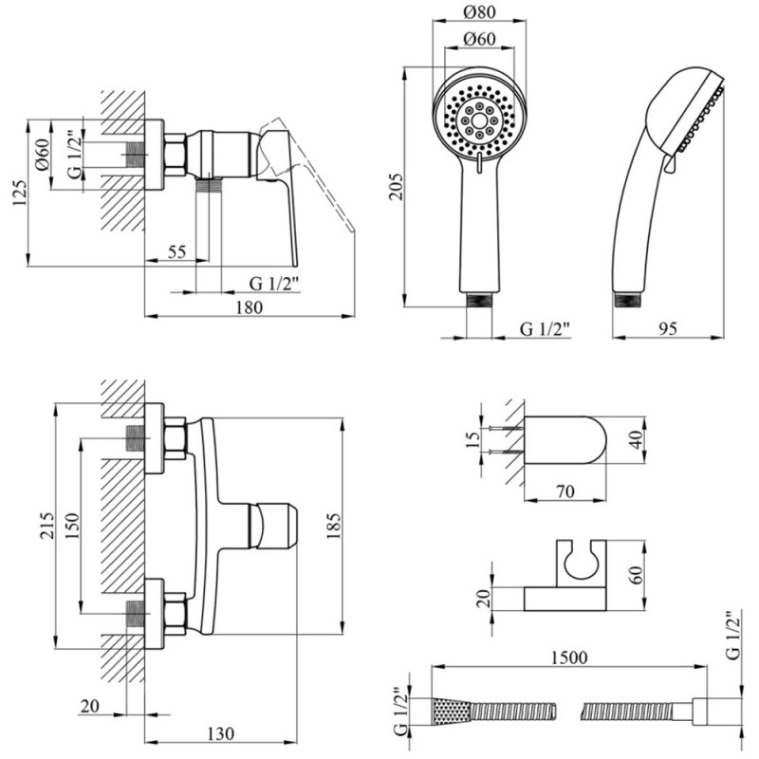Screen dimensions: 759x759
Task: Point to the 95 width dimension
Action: point(666,328)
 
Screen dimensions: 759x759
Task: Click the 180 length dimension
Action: point(248,306)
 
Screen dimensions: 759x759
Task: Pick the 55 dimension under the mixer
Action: point(176,252)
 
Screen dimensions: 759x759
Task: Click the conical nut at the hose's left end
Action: point(447,710)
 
